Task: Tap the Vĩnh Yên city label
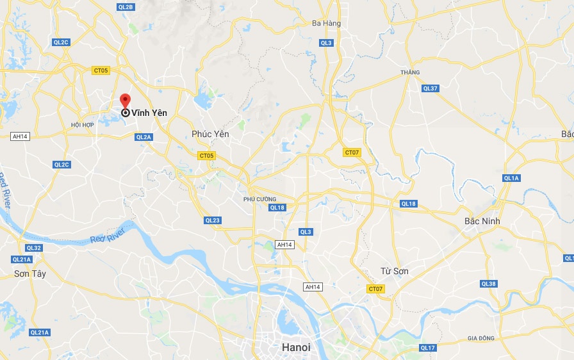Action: pos(149,113)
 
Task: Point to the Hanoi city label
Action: pos(296,347)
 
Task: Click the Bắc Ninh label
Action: pos(482,221)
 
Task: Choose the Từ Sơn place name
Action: pos(394,271)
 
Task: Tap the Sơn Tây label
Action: pos(30,274)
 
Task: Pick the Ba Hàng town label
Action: pos(326,24)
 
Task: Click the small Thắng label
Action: pos(410,72)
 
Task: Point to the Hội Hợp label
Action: pos(83,124)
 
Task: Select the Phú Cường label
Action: pos(259,199)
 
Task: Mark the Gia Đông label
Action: pos(480,338)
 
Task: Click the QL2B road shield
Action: pos(127,7)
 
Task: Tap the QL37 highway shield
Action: pos(430,88)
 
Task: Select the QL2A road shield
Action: pos(143,137)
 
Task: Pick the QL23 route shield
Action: pos(213,220)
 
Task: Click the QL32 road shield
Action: pos(34,248)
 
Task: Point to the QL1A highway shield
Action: pos(511,178)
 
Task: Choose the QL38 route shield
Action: pos(488,284)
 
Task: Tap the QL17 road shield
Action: pos(428,348)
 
